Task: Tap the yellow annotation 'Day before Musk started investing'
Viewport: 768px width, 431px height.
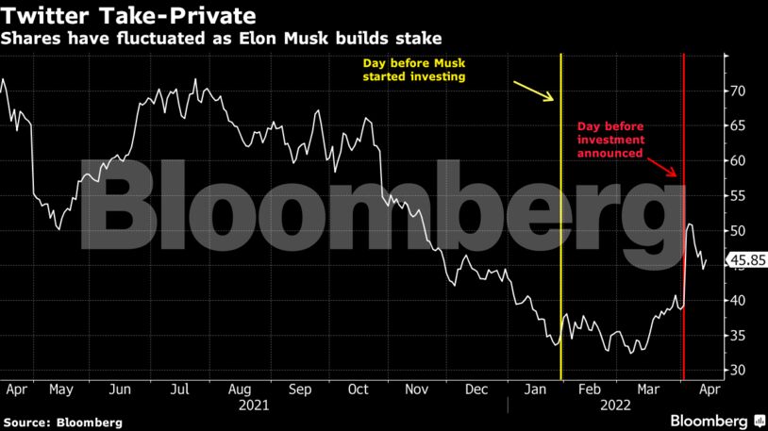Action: click(416, 71)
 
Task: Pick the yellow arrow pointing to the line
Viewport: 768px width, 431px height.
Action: click(534, 91)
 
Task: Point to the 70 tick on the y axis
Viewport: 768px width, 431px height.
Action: click(737, 91)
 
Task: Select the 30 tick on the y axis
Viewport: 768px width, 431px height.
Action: click(737, 370)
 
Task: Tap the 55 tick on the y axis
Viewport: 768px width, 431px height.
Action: click(737, 196)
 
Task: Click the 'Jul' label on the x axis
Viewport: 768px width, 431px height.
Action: click(180, 388)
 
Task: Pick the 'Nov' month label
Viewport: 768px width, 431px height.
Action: click(416, 388)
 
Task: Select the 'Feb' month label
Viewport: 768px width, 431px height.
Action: click(589, 388)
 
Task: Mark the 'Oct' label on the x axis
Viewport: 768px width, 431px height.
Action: click(358, 388)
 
